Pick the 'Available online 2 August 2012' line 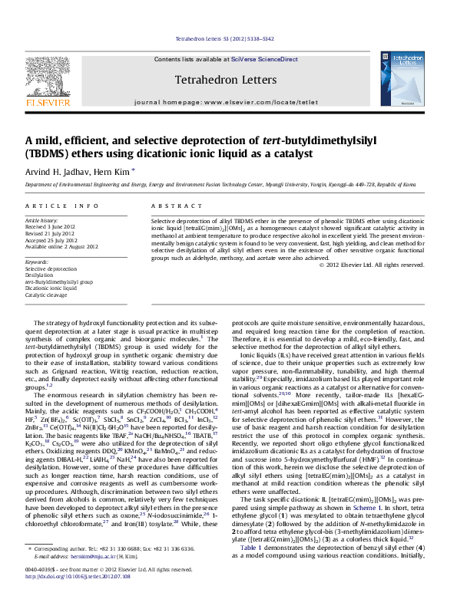tap(61, 246)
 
